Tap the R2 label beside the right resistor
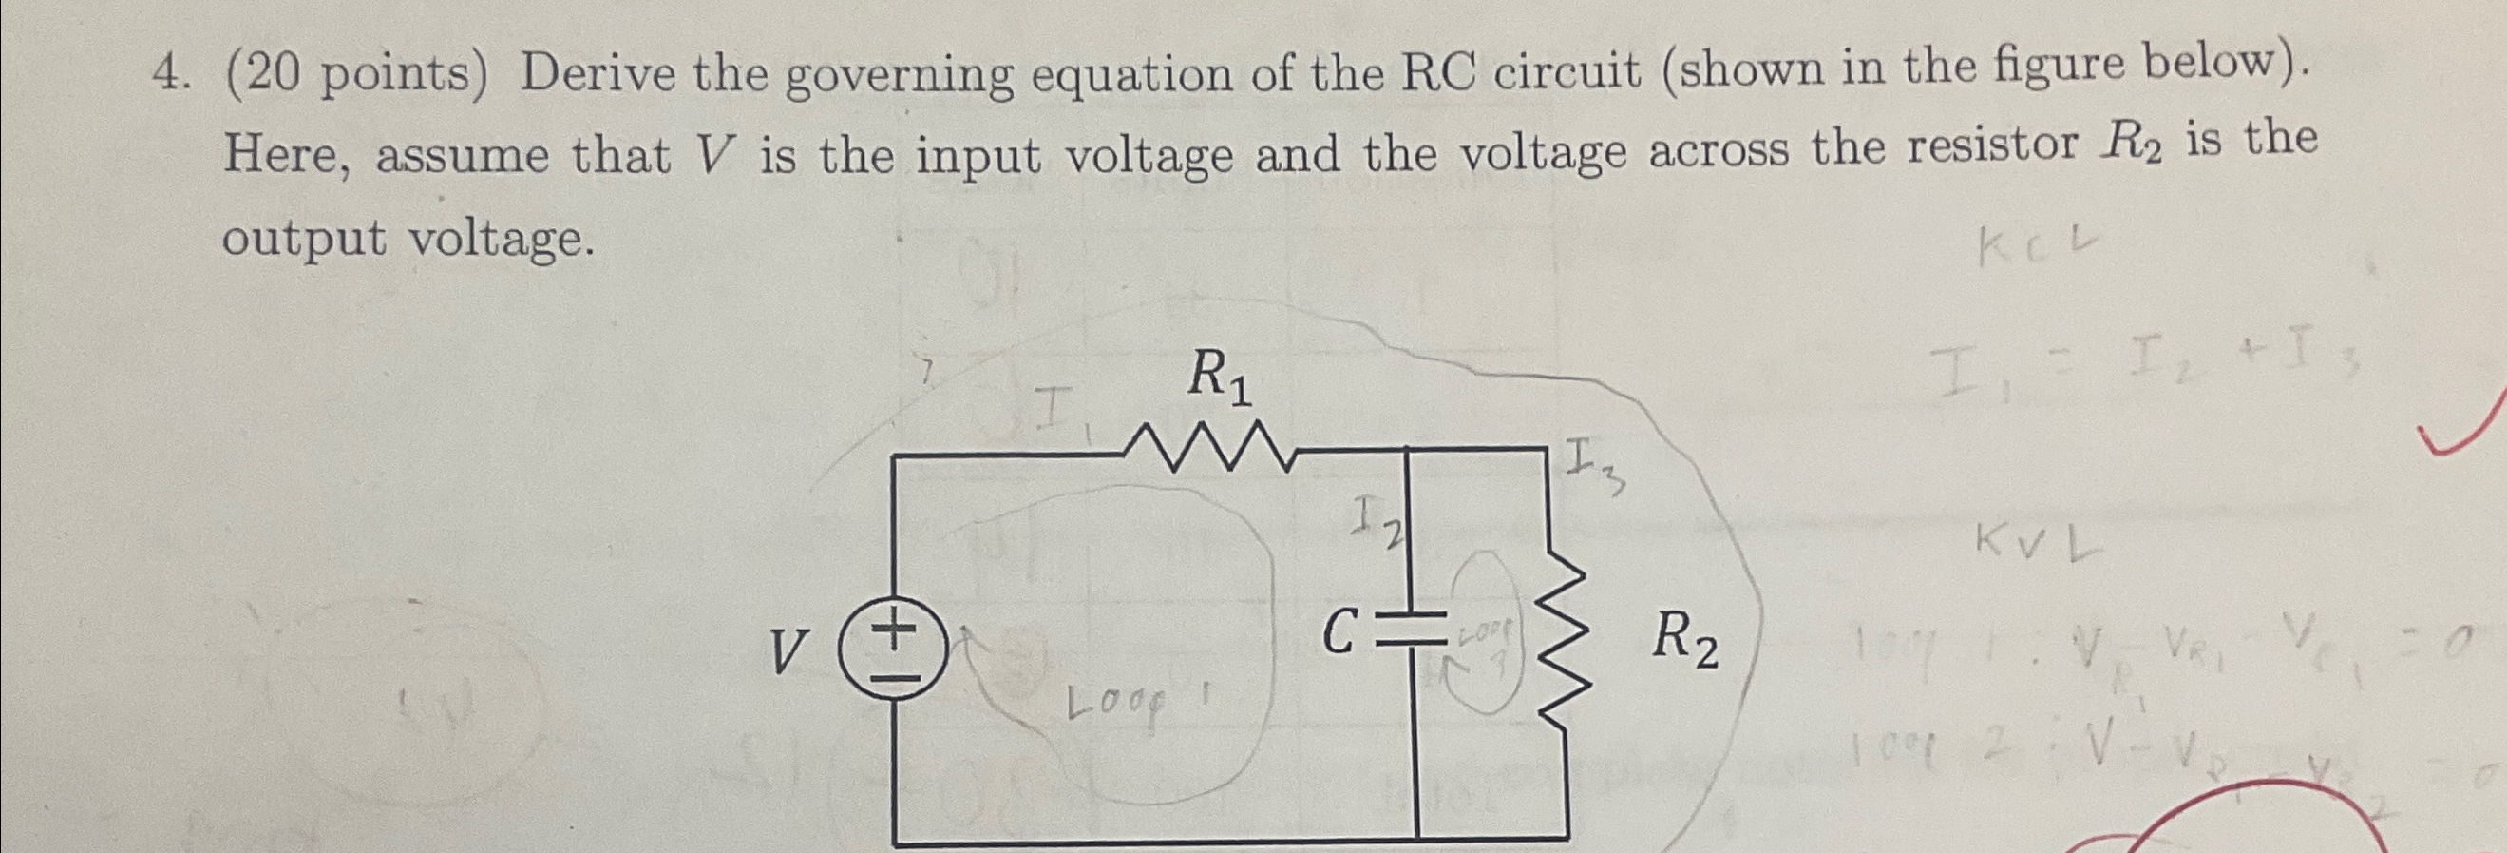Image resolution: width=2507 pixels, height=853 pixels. [1684, 642]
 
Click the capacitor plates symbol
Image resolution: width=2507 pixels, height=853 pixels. [1417, 634]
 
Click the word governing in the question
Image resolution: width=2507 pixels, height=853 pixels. [899, 75]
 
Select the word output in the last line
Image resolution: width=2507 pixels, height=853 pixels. [304, 238]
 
